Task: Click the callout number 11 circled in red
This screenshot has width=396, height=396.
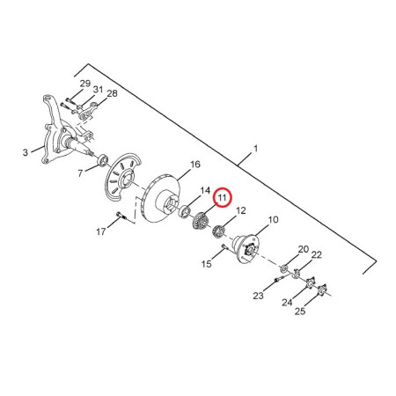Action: click(x=223, y=197)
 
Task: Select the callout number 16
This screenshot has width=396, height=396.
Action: click(x=195, y=165)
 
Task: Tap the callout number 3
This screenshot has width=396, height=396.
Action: click(x=26, y=152)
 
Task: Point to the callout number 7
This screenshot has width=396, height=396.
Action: click(x=80, y=173)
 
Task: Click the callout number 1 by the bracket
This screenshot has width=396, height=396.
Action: click(x=255, y=149)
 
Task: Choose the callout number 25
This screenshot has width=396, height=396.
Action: click(x=300, y=312)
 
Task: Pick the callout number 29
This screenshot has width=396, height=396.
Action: click(x=85, y=84)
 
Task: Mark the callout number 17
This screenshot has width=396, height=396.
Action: click(x=100, y=231)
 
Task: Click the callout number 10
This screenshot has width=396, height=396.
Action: click(x=273, y=219)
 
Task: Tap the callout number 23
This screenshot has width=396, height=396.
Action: click(x=258, y=296)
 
